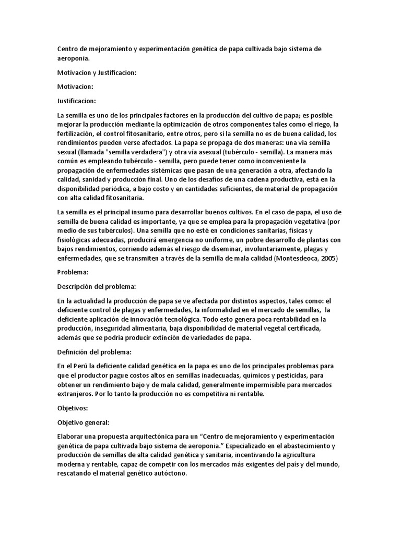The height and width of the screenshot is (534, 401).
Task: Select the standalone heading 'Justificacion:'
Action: click(x=78, y=101)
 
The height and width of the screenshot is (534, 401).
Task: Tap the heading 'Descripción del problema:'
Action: click(x=96, y=286)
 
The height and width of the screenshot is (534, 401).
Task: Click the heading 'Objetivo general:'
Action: click(x=84, y=422)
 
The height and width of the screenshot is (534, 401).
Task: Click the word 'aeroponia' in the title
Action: click(x=74, y=59)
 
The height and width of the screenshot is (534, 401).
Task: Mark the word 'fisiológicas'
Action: click(x=76, y=240)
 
